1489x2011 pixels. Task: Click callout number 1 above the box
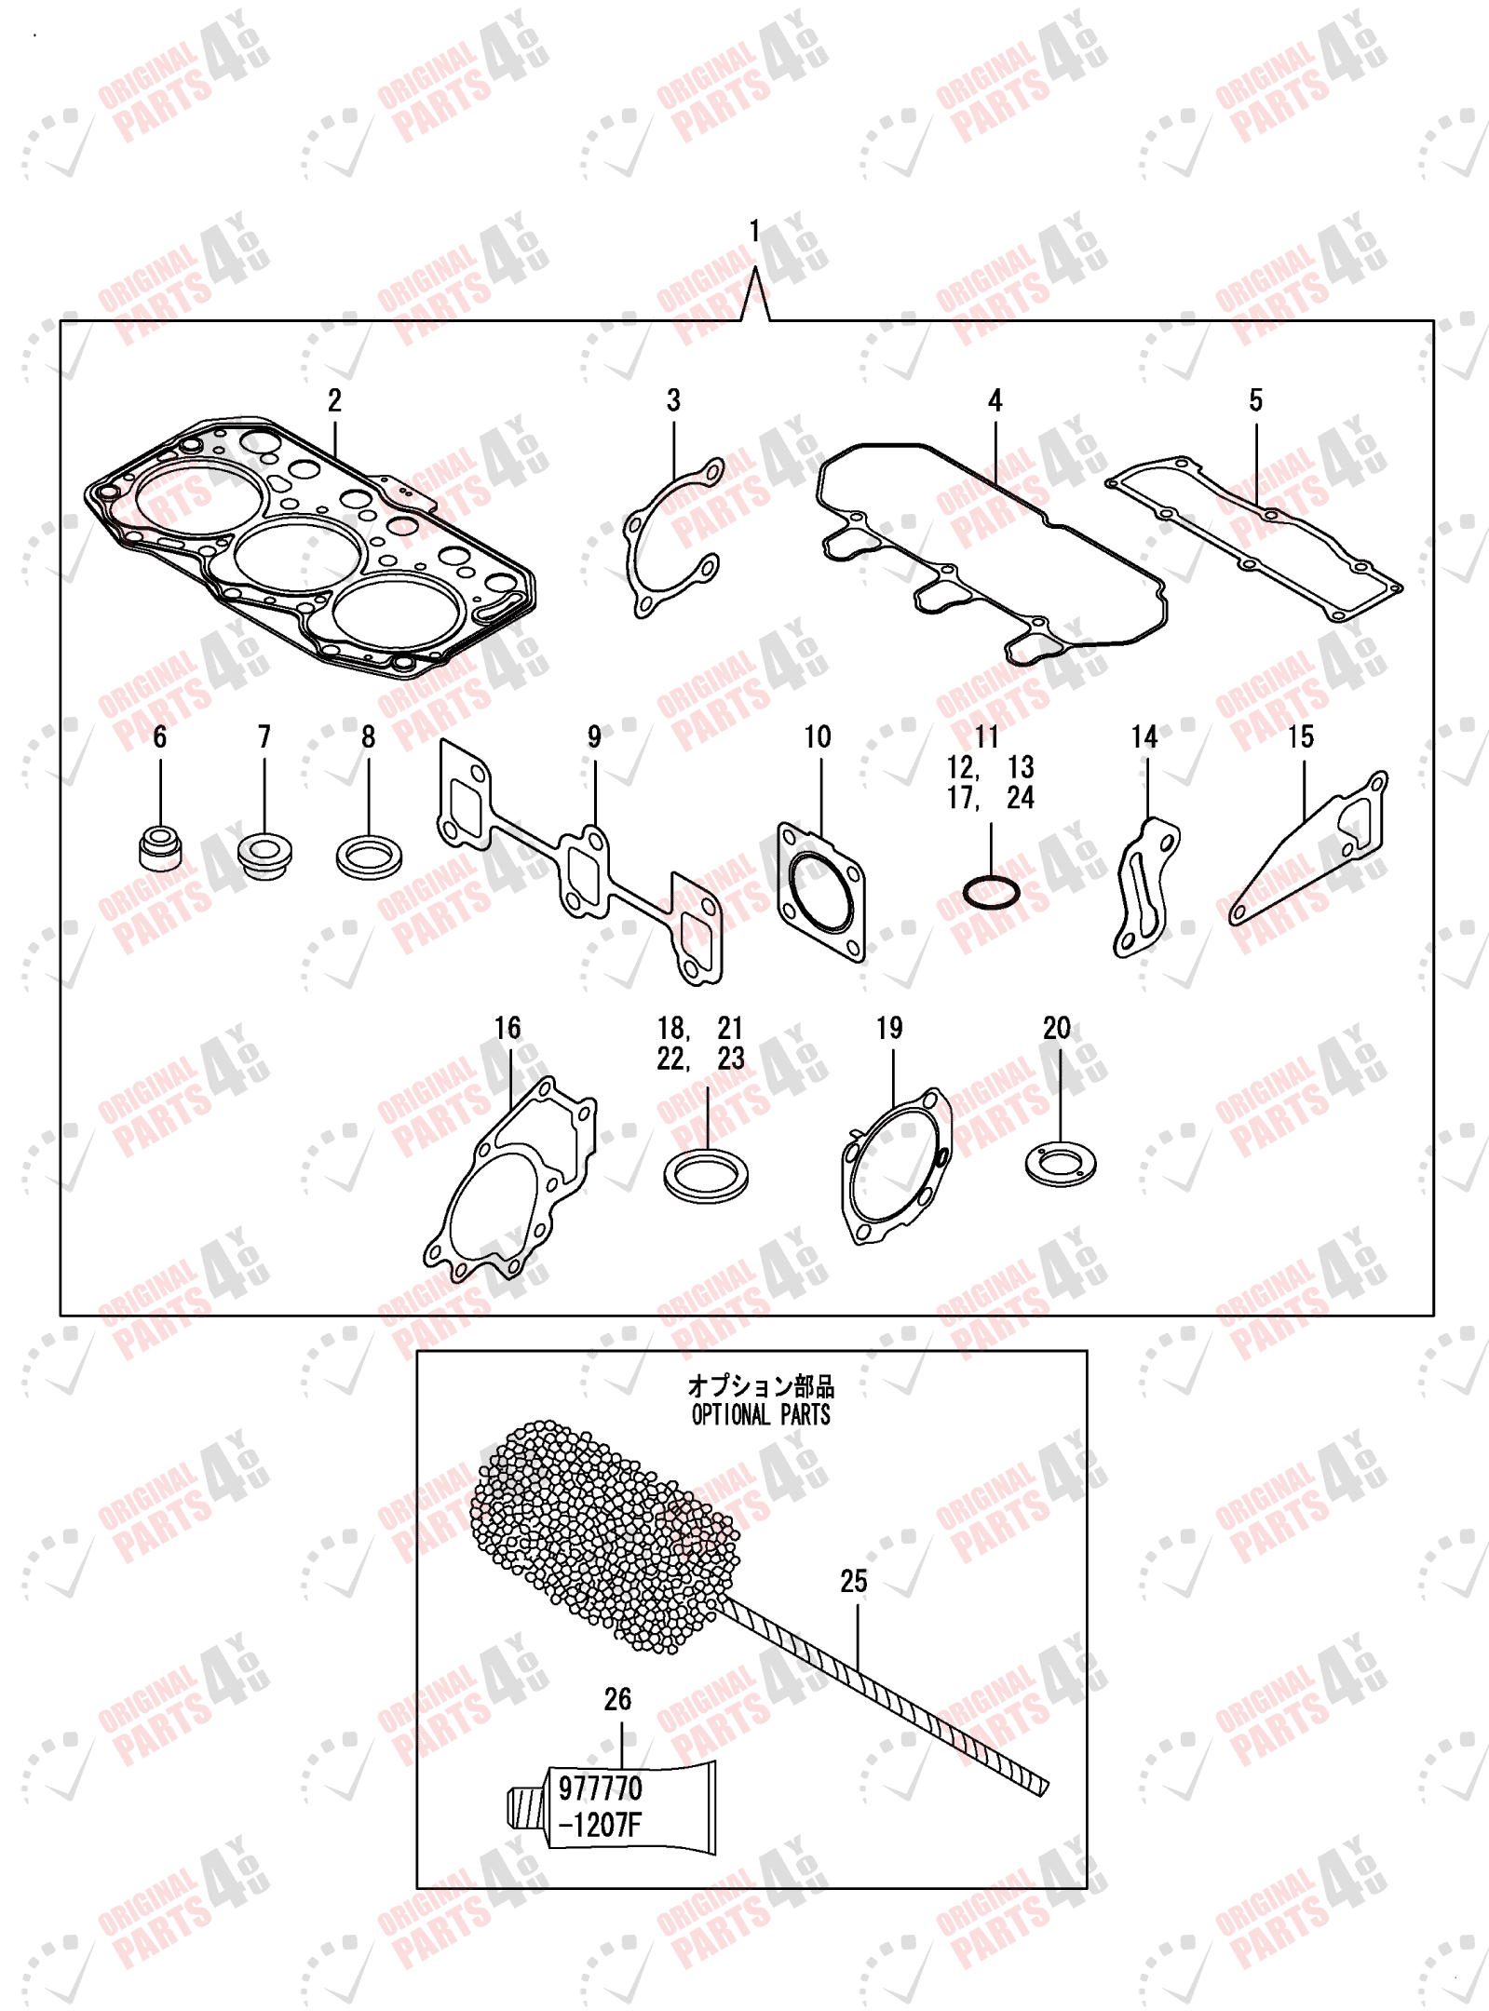pyautogui.click(x=754, y=230)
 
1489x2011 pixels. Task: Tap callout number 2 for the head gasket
pyautogui.click(x=334, y=400)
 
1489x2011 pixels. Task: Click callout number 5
pyautogui.click(x=1255, y=400)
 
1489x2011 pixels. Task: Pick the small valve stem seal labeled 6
pyautogui.click(x=160, y=846)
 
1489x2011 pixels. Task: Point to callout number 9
pyautogui.click(x=594, y=736)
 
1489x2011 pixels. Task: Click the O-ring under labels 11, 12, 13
pyautogui.click(x=991, y=894)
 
